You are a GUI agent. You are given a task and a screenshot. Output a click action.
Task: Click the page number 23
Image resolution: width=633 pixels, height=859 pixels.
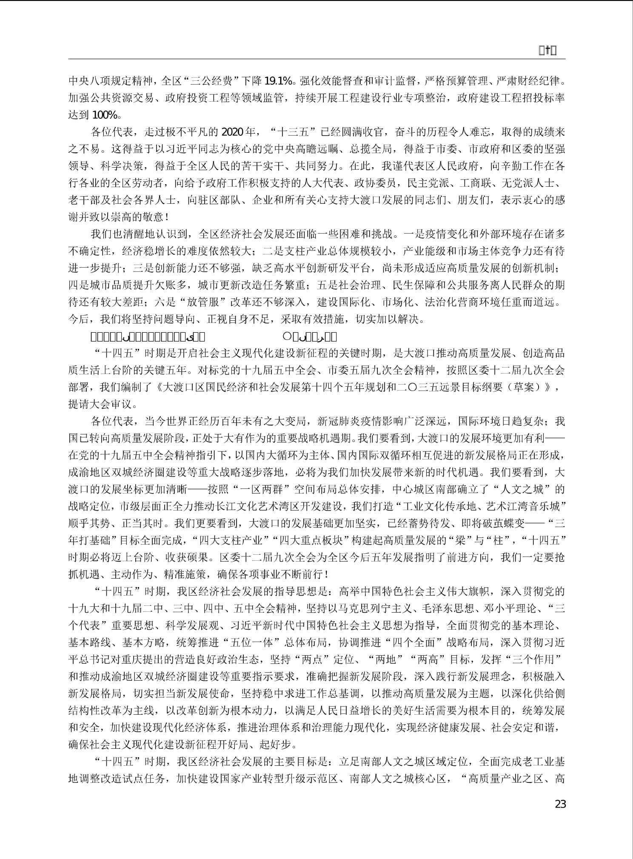click(560, 804)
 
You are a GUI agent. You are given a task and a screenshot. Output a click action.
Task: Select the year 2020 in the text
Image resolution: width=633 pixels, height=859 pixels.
click(231, 131)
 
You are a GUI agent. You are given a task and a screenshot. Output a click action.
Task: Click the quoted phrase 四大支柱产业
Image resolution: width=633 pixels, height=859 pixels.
click(230, 540)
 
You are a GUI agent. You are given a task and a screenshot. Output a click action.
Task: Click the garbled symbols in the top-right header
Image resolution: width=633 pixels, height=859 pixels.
click(547, 51)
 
